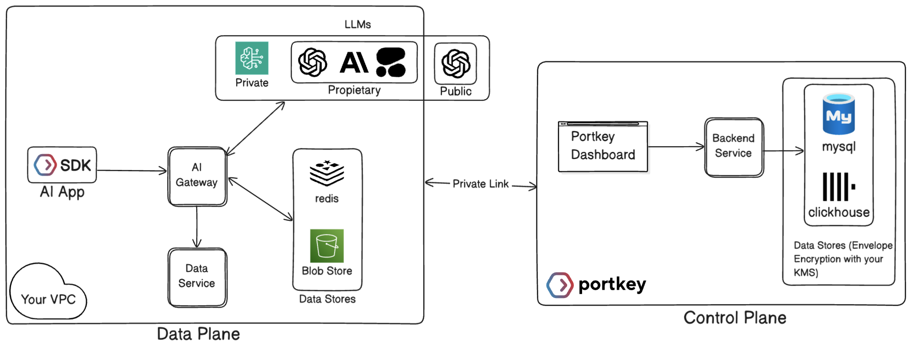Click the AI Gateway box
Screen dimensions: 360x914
[197, 176]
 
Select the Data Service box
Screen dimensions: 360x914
[197, 277]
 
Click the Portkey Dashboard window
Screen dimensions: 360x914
[603, 147]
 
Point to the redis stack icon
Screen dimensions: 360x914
[327, 173]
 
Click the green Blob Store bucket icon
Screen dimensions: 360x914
[327, 245]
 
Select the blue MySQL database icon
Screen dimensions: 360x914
[838, 114]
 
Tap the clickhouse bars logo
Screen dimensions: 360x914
[838, 187]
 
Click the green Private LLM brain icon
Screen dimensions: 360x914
[252, 58]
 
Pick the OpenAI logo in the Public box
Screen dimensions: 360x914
[456, 63]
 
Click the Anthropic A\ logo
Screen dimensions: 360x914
[354, 62]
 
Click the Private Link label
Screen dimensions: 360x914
[480, 184]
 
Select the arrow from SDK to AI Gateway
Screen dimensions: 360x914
[132, 170]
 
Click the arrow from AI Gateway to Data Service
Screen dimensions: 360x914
[197, 226]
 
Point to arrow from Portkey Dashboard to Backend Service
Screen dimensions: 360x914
[676, 147]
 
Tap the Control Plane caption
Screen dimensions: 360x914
[734, 317]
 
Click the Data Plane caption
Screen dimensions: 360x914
[198, 334]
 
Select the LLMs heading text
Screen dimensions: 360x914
[357, 25]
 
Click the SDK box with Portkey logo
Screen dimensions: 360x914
[62, 165]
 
